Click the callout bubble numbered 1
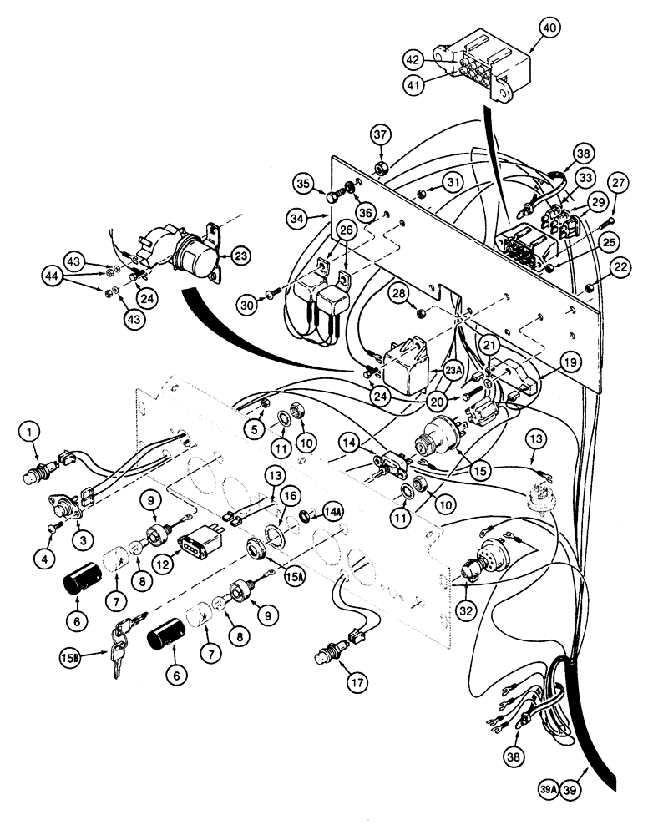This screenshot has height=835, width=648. pos(31,431)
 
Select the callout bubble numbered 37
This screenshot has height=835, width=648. pos(380,134)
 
